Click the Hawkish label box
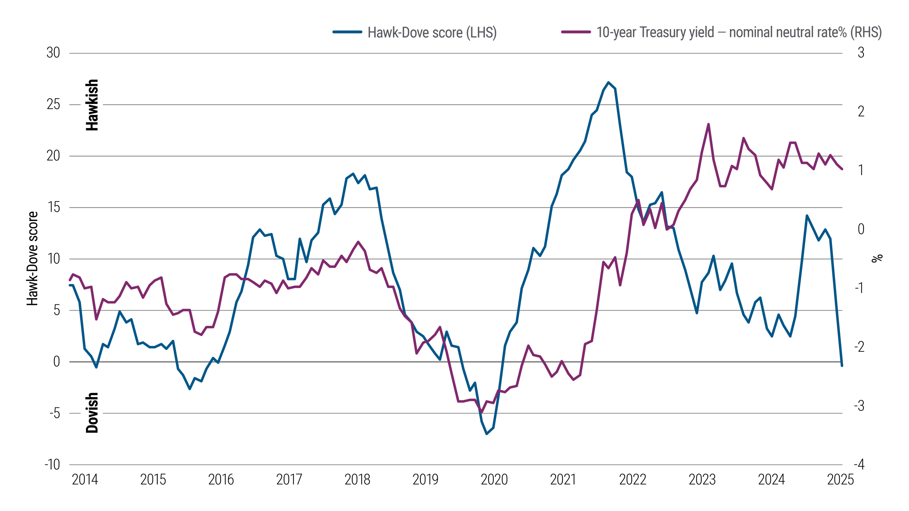point(92,105)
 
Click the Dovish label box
point(92,413)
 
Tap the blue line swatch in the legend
point(347,32)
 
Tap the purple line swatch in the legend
point(576,32)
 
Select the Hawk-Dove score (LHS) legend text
point(432,33)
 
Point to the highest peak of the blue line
point(609,82)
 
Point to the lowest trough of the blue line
point(487,434)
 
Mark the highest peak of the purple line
point(708,124)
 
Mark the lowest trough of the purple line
point(481,412)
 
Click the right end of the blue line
point(842,365)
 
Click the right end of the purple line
point(842,169)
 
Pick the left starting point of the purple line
point(70,280)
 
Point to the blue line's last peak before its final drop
point(807,215)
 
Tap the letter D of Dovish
point(92,428)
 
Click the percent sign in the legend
point(842,32)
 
